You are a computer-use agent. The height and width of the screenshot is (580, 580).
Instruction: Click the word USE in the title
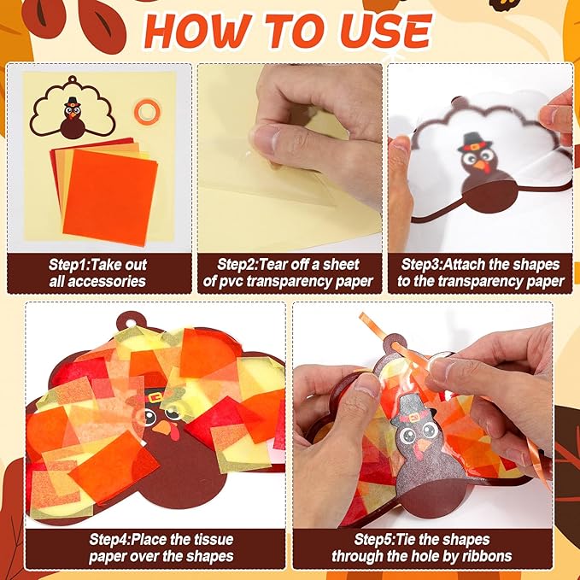[386, 31]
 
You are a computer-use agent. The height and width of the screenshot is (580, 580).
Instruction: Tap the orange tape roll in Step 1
[147, 111]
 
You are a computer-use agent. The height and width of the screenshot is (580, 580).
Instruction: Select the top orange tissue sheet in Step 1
[110, 197]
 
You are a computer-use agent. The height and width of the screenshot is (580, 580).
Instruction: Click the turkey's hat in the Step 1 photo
[72, 103]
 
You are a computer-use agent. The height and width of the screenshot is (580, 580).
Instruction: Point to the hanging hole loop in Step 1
[72, 79]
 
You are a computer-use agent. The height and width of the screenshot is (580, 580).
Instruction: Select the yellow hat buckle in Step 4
[155, 398]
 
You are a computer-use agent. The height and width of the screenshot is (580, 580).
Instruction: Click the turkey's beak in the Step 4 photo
[161, 428]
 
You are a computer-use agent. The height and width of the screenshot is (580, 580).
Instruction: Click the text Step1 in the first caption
[69, 265]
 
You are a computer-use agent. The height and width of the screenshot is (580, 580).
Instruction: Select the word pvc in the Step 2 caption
[231, 282]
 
